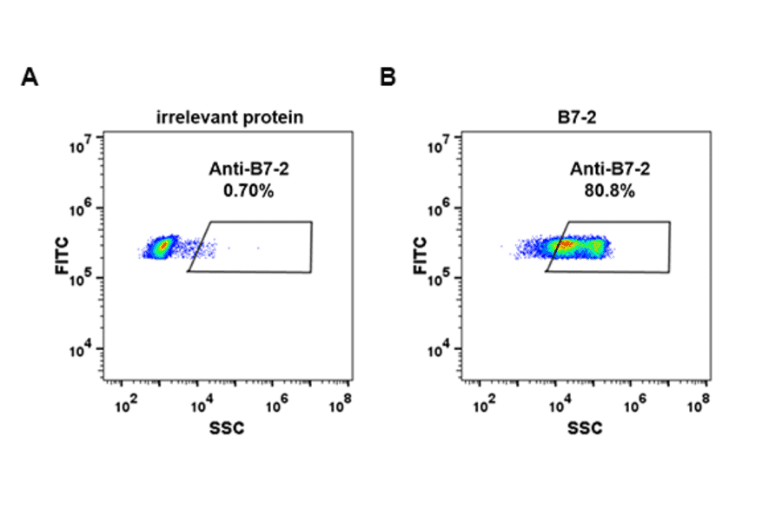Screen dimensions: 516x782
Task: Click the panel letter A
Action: pyautogui.click(x=30, y=78)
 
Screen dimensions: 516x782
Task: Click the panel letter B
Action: pyautogui.click(x=388, y=78)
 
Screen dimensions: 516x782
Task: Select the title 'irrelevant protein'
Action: pyautogui.click(x=229, y=117)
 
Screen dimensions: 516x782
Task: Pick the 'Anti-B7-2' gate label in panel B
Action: pyautogui.click(x=608, y=170)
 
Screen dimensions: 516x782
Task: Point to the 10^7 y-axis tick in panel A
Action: pyautogui.click(x=83, y=141)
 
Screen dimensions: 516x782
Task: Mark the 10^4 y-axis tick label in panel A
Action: pyautogui.click(x=83, y=352)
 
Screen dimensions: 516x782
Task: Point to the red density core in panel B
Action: pyautogui.click(x=565, y=246)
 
